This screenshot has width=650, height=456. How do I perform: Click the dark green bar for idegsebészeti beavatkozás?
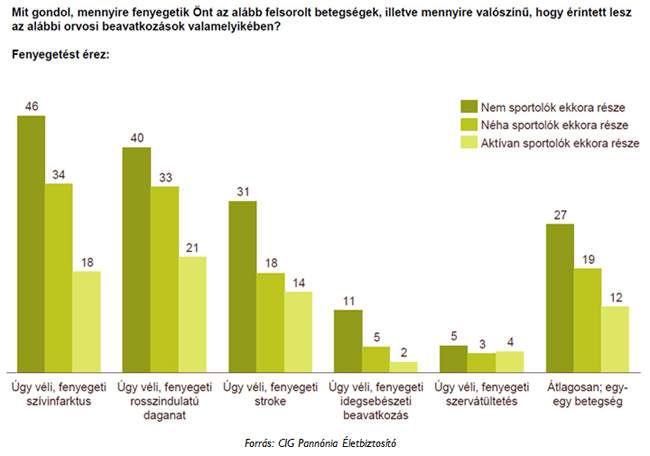(348, 341)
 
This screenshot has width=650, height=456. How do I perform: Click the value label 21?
(193, 247)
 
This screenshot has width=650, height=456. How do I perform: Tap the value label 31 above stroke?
(243, 192)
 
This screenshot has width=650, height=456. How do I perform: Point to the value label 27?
(560, 214)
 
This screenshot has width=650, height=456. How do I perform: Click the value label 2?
(404, 352)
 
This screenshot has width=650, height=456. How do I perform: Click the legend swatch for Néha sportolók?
(467, 125)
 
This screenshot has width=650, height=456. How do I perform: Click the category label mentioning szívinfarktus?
(59, 394)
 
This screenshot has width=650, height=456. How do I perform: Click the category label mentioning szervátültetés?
(481, 394)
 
